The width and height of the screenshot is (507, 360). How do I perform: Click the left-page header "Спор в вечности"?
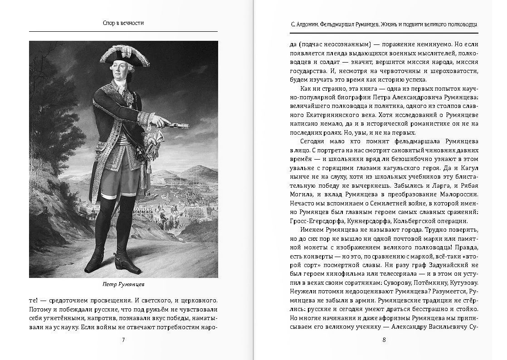pos(123,23)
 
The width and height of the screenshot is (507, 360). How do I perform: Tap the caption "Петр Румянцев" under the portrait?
pos(123,284)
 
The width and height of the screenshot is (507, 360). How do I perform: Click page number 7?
pos(123,340)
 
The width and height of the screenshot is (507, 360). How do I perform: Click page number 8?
pos(384,340)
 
